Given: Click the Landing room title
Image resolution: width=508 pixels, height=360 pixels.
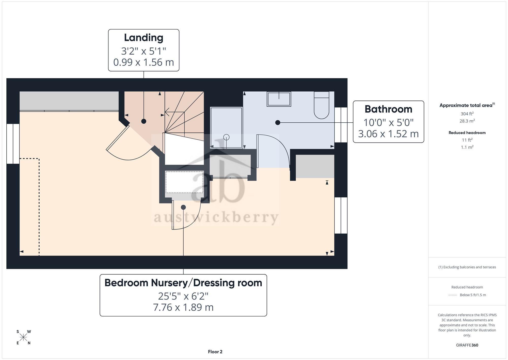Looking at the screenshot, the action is (x=144, y=38).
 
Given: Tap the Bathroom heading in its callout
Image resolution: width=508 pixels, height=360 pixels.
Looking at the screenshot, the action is (x=388, y=109).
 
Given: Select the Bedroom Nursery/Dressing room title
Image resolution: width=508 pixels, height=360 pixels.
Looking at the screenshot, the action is (x=183, y=283).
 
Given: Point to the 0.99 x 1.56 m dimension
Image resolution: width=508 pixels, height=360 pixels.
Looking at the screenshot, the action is (x=144, y=62).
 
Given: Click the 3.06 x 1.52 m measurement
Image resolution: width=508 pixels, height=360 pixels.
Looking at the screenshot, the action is (x=388, y=134).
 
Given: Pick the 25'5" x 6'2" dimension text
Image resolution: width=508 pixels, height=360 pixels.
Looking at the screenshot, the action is (x=183, y=296).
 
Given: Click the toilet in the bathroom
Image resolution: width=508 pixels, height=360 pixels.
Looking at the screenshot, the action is (x=322, y=105).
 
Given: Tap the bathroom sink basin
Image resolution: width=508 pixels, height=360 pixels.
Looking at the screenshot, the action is (x=279, y=99).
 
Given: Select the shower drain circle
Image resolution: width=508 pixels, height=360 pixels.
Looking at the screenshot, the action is (x=226, y=137).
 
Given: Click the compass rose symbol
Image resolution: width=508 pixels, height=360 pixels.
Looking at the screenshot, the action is (x=23, y=337).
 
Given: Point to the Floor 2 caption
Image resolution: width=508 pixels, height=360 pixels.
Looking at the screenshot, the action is (x=215, y=352).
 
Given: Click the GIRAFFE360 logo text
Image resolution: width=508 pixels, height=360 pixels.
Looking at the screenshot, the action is (x=467, y=345).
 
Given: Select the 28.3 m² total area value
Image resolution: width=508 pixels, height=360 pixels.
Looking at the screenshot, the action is (x=467, y=121).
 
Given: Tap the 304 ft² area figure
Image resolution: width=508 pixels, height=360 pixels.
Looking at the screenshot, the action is (x=467, y=114).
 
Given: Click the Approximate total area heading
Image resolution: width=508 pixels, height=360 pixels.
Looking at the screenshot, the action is (x=467, y=105).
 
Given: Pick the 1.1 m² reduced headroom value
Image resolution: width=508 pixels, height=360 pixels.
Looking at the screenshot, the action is (x=467, y=147).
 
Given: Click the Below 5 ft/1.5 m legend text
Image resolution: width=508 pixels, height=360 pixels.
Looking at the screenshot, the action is (x=473, y=295).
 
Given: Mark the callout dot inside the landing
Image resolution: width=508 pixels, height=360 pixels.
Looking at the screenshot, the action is (x=144, y=121).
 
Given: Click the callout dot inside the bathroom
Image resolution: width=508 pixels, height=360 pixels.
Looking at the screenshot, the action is (x=278, y=123).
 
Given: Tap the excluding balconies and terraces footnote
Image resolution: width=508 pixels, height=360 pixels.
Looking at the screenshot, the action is (x=467, y=267).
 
